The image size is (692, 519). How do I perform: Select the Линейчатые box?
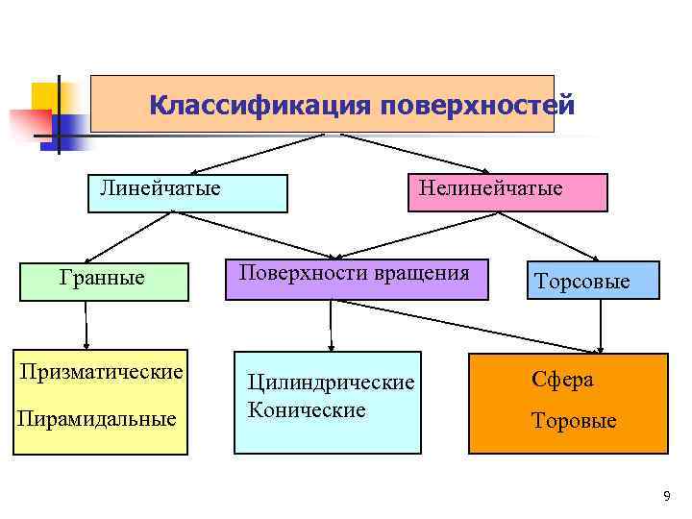point(188,192)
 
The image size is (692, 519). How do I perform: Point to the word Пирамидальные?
point(96,419)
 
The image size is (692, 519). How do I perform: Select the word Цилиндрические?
point(331,383)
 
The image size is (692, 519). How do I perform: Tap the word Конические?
point(307,410)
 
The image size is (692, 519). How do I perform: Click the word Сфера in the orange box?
point(562,380)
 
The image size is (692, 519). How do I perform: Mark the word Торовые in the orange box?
point(575,421)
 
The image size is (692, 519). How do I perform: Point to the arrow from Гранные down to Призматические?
point(86,327)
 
